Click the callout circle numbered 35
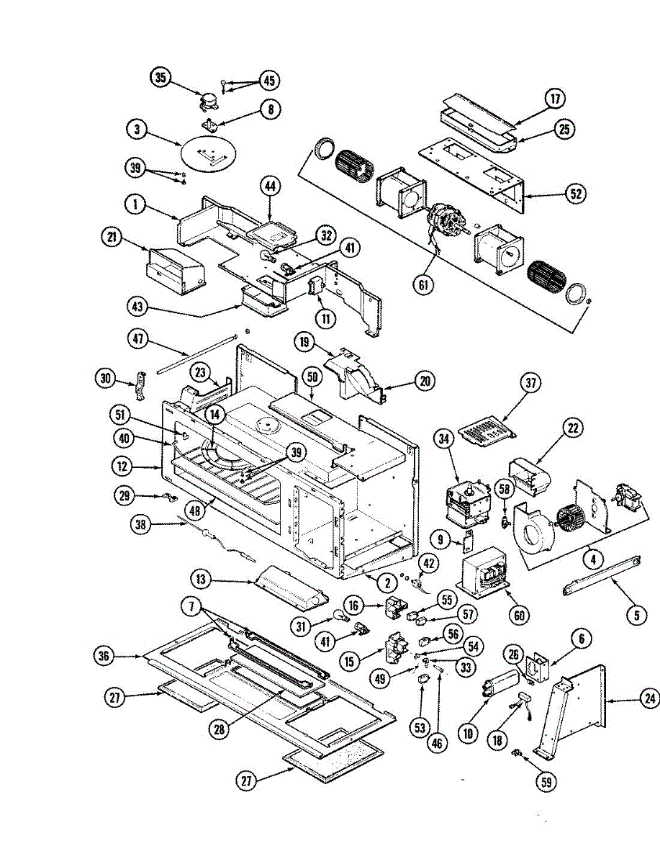click(161, 78)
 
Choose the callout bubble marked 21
click(112, 237)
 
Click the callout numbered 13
click(202, 578)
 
